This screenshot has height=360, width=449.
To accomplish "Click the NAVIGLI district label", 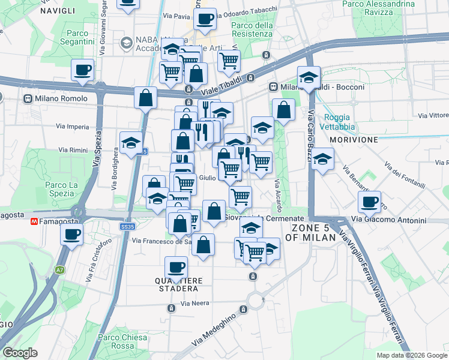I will (x=58, y=11).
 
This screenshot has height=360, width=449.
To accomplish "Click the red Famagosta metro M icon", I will (x=35, y=222).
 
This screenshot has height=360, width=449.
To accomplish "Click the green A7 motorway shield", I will (x=59, y=271).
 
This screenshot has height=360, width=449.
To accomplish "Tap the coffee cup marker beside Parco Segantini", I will (x=82, y=70).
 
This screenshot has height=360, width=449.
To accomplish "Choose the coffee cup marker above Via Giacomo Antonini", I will (x=369, y=201).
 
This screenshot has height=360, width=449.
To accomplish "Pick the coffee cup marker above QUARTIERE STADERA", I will (x=176, y=266).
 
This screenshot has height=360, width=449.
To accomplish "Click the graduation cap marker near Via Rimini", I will (x=131, y=143).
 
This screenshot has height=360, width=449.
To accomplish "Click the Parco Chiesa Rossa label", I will (x=122, y=341).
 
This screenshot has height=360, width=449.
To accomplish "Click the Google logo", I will (x=20, y=352).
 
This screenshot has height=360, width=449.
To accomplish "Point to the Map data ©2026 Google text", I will (x=411, y=355).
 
